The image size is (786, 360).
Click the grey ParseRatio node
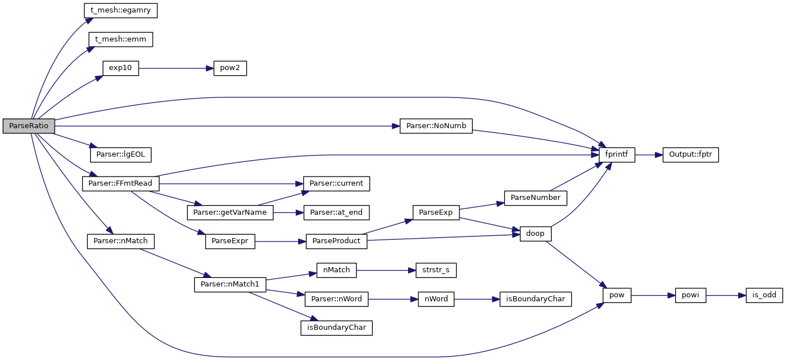coord(28,126)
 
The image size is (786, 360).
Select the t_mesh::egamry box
coord(120,10)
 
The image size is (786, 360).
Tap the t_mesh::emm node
coord(120,39)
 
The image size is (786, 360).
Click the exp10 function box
coord(120,68)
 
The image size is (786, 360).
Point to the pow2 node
coord(230,68)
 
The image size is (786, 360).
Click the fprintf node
coord(616,154)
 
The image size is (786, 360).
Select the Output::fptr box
coord(690,154)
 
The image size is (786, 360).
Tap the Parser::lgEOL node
coord(120,154)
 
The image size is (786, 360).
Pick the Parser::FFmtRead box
coord(120,183)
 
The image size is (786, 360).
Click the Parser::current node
coord(336,183)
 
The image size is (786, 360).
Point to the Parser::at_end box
coord(336,212)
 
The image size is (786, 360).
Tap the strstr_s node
coord(432,270)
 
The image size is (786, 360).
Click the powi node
coord(690,295)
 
